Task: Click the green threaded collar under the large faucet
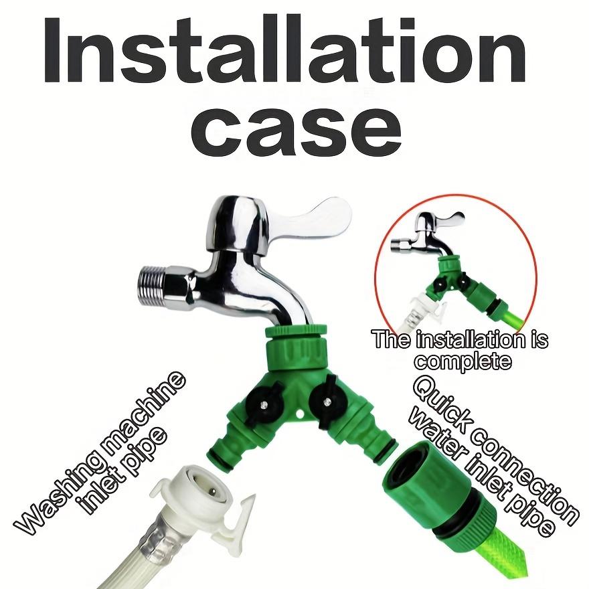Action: (x=294, y=347)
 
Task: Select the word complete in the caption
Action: (x=462, y=361)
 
